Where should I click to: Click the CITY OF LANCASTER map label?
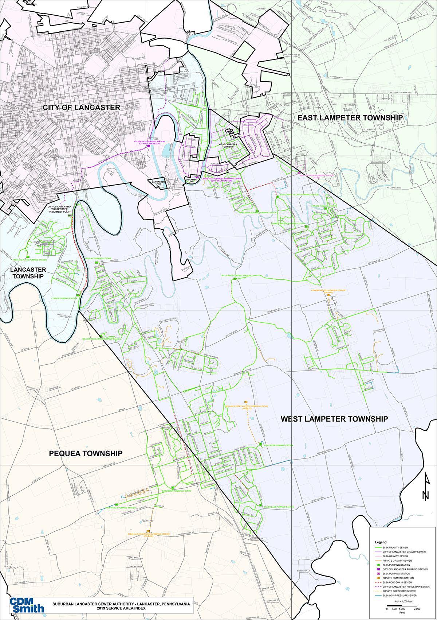tap(81, 108)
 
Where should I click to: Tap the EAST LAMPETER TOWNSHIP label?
tap(350, 118)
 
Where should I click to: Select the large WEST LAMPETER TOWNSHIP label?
tap(334, 419)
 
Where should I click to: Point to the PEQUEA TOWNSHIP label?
tap(86, 453)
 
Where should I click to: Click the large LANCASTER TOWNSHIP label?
tap(28, 273)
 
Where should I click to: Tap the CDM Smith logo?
tap(27, 605)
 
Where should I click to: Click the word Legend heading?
tap(381, 542)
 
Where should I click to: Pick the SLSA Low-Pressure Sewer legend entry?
tap(399, 596)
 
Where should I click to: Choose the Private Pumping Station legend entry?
tap(398, 578)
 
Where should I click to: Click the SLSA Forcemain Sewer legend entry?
tap(397, 582)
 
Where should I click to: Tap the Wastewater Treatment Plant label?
tap(59, 209)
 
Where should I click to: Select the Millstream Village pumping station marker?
tap(277, 196)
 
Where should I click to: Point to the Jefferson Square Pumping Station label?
tap(257, 213)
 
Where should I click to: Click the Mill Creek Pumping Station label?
tap(236, 276)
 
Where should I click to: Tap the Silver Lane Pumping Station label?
tap(279, 507)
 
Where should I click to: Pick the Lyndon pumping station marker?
tap(78, 295)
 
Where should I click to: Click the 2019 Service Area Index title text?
tap(121, 608)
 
